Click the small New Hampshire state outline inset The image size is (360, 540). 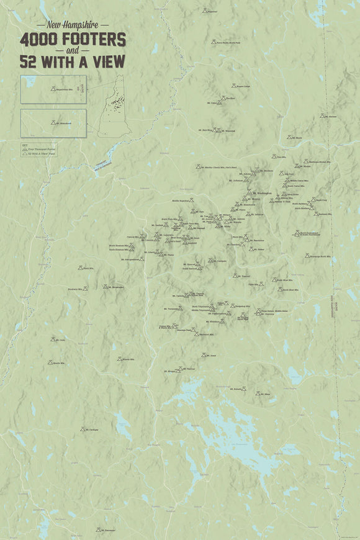click(x=111, y=106)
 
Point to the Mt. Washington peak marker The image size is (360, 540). click(x=245, y=194)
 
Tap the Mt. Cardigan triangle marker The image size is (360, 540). click(x=82, y=429)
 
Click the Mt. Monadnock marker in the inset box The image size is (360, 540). click(x=53, y=122)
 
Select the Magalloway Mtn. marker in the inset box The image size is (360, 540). click(x=53, y=88)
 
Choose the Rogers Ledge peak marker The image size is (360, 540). click(x=233, y=86)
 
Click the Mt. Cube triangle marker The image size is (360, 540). click(x=53, y=340)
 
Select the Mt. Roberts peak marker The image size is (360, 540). click(x=244, y=389)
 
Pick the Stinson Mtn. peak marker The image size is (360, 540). click(x=119, y=359)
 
